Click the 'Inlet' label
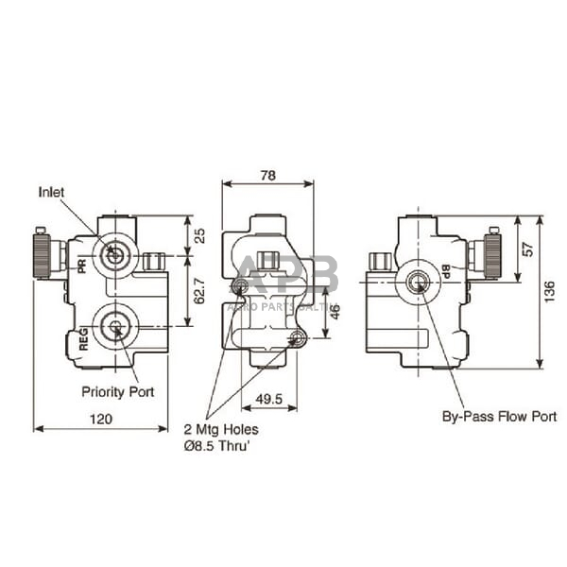point(52,192)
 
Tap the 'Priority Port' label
point(118,390)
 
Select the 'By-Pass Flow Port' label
point(499,416)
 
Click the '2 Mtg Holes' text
point(221,428)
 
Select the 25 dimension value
point(197,235)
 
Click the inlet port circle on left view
point(115,254)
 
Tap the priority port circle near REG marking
point(115,328)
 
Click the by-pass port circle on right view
point(417,281)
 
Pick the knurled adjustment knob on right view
point(491,254)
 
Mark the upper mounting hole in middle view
point(240,285)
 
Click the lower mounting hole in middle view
point(299,338)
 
